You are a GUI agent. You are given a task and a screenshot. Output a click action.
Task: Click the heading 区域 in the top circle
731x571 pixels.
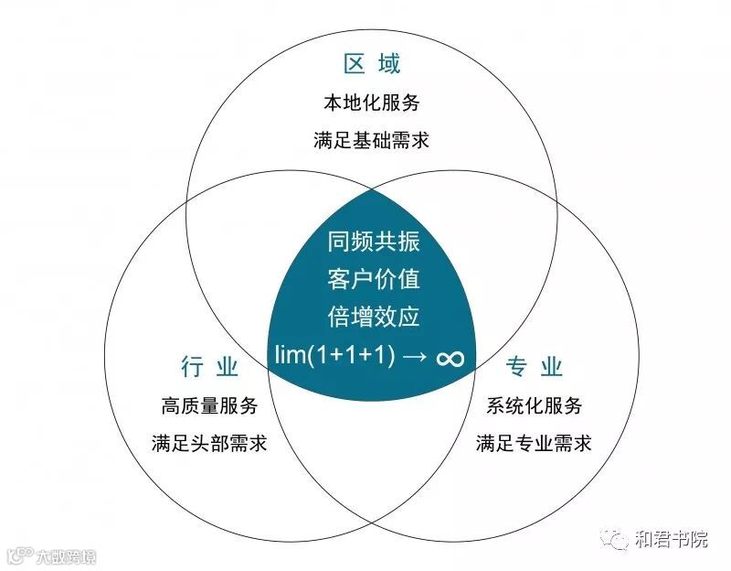(x=372, y=64)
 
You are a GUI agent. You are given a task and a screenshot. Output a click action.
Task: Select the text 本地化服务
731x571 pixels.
(x=372, y=102)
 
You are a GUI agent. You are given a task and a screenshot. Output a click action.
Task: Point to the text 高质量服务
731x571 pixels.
(x=209, y=405)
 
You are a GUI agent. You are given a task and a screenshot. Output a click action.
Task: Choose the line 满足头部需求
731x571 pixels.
(x=209, y=444)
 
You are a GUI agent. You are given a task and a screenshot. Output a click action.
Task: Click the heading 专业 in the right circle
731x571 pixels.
(x=534, y=368)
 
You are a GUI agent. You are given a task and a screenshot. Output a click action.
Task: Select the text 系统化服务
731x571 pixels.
(x=534, y=405)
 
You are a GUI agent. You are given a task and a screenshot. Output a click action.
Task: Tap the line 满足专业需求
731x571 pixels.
(x=534, y=444)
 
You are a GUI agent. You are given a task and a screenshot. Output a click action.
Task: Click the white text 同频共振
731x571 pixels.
(x=373, y=242)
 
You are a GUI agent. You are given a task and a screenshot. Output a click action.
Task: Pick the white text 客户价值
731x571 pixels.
(x=373, y=279)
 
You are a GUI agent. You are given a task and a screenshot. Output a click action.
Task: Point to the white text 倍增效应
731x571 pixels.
(x=373, y=317)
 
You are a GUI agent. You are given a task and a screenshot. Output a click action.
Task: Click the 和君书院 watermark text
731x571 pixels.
(x=671, y=539)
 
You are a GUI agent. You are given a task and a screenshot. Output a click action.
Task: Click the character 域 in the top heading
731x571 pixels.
(x=387, y=64)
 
